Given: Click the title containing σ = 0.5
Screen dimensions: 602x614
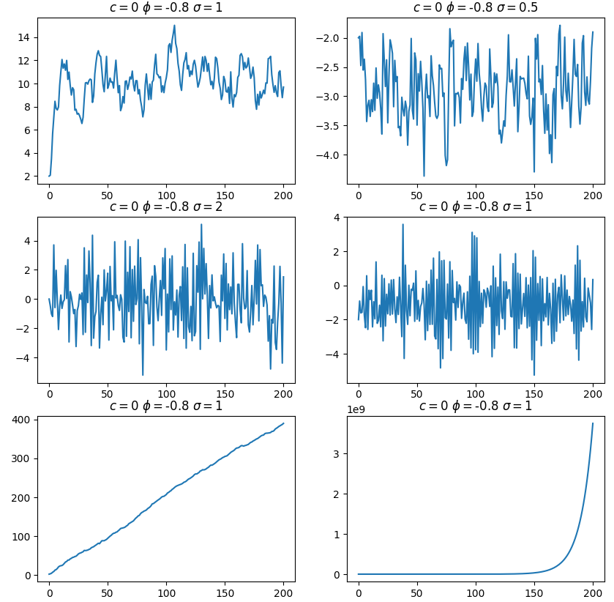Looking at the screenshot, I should (476, 8).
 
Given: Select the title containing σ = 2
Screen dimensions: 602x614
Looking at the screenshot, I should (165, 207).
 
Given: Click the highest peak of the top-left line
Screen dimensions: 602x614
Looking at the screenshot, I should (174, 26).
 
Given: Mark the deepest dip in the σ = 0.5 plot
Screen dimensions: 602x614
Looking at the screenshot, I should (424, 176).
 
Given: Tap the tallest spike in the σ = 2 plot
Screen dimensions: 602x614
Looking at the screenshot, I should (201, 224).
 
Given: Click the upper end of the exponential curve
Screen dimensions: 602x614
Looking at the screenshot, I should (593, 423).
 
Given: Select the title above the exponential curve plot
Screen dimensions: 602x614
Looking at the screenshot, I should (476, 406).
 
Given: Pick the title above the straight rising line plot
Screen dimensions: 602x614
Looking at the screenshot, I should (165, 406).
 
